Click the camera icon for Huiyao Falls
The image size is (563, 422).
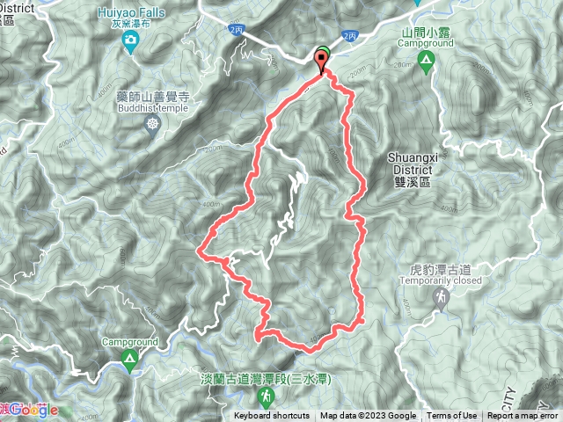point(130,40)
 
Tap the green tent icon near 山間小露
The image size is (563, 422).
point(426,61)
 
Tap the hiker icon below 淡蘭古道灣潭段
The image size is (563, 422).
point(240,397)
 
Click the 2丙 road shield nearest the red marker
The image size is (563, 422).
point(350,36)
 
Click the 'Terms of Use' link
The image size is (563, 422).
point(452,416)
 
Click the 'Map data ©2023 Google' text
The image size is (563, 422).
point(368,416)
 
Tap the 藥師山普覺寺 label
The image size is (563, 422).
point(150,98)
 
